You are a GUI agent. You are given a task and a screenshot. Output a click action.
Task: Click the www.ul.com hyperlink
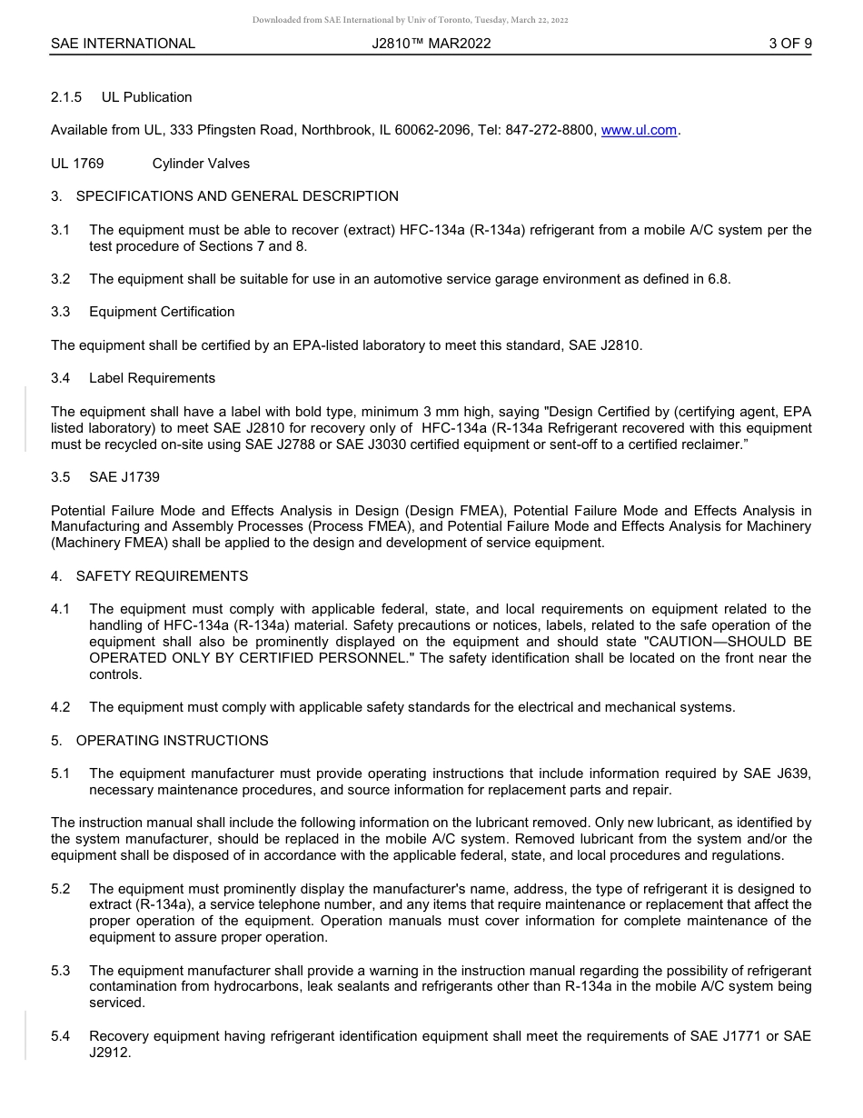tap(639, 130)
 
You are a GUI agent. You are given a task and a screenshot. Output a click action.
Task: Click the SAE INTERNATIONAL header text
tap(123, 43)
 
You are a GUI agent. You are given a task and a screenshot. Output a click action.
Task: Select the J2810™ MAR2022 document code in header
tap(431, 43)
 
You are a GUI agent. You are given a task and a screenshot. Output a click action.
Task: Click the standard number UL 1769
tap(77, 164)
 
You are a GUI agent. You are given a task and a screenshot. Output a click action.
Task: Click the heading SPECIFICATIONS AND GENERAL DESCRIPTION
tap(237, 196)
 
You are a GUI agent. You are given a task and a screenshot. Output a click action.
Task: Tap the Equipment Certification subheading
tap(162, 312)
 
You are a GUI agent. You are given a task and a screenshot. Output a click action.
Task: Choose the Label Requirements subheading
tap(152, 378)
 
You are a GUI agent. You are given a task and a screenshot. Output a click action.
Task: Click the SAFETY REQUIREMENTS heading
tap(162, 576)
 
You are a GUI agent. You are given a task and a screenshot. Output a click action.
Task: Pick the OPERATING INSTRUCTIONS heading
tap(172, 741)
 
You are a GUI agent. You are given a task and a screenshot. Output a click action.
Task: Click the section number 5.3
tap(60, 971)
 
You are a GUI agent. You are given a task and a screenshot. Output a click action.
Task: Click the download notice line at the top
tap(410, 20)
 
